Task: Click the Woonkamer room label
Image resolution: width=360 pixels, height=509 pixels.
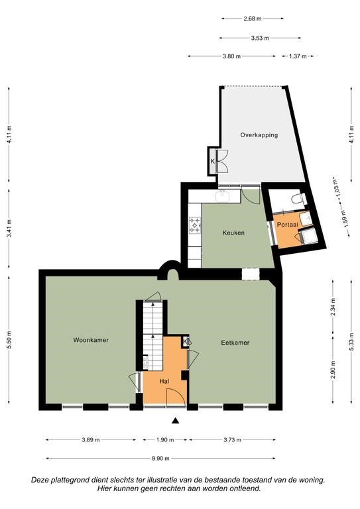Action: pyautogui.click(x=91, y=340)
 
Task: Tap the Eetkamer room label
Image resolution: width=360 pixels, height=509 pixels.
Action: pyautogui.click(x=235, y=343)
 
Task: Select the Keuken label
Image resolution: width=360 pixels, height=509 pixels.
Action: pyautogui.click(x=233, y=233)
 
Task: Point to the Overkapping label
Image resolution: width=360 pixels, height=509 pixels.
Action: pyautogui.click(x=259, y=135)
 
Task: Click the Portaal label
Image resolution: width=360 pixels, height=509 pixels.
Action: pyautogui.click(x=287, y=225)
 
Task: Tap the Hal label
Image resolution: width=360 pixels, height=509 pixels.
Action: pyautogui.click(x=164, y=382)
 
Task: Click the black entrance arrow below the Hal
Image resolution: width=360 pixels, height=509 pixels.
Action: pyautogui.click(x=176, y=421)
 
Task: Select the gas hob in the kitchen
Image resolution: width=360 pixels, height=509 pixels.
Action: pyautogui.click(x=195, y=225)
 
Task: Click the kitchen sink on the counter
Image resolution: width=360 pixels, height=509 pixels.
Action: pyautogui.click(x=223, y=196)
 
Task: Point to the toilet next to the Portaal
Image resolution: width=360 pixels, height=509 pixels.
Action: pyautogui.click(x=298, y=198)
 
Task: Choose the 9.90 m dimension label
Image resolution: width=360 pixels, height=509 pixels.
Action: pyautogui.click(x=160, y=459)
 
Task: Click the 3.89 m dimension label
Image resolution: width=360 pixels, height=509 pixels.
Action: pyautogui.click(x=91, y=440)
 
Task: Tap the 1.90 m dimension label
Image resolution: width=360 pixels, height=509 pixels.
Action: pyautogui.click(x=165, y=440)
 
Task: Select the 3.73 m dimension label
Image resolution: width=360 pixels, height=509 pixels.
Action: pyautogui.click(x=232, y=440)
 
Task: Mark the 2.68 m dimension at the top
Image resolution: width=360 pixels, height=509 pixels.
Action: pyautogui.click(x=252, y=19)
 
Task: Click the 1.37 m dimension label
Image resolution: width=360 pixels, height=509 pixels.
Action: pyautogui.click(x=298, y=56)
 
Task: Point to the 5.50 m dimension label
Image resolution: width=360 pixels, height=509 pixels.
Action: pyautogui.click(x=9, y=339)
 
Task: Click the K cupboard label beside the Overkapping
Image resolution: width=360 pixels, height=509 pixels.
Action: pyautogui.click(x=213, y=161)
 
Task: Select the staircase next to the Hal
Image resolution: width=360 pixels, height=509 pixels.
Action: pyautogui.click(x=153, y=336)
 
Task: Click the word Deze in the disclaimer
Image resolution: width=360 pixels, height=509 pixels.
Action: pyautogui.click(x=39, y=480)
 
